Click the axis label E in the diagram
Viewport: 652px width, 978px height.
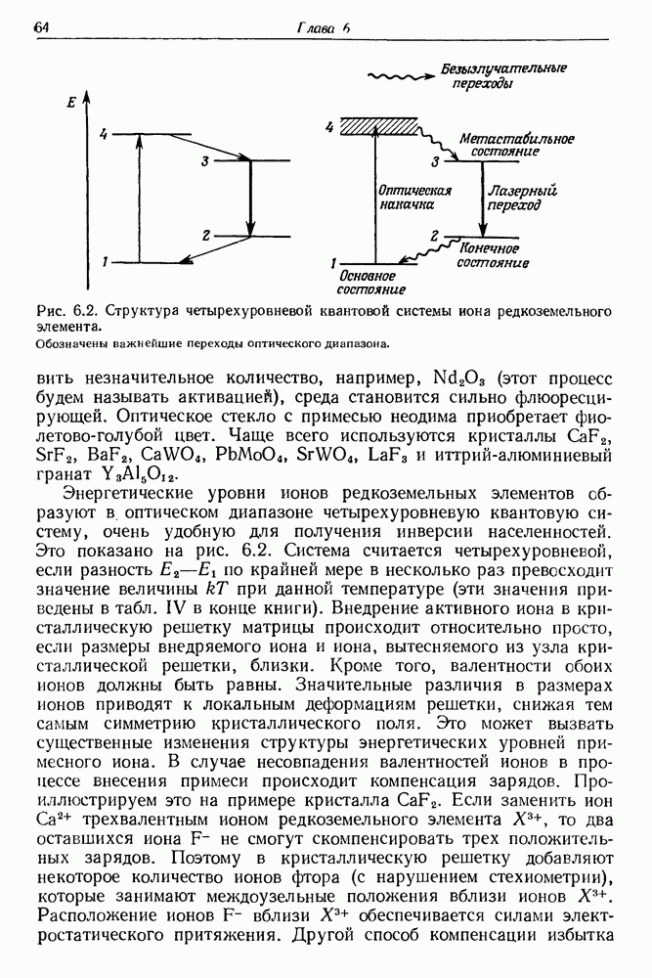tap(69, 102)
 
